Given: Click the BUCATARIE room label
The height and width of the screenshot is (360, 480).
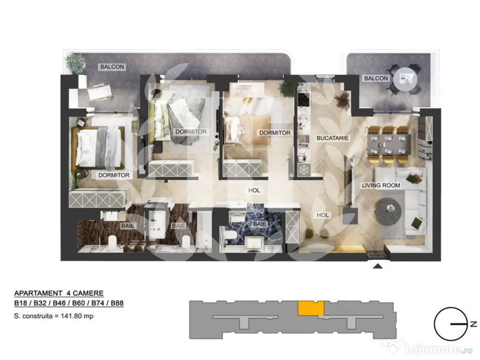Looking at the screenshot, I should coord(332,139).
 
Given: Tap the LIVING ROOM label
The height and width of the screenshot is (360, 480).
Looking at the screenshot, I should coord(381,185).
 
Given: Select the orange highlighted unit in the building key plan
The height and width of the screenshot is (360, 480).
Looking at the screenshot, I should coord(311,308).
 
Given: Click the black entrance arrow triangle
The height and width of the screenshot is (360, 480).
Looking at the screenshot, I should coord(377,267).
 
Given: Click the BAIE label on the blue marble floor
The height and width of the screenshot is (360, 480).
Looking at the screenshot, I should coord(260,225).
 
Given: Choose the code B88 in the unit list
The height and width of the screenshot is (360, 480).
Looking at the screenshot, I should coord(115,303).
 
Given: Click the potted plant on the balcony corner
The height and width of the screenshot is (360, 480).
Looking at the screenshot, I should coord(75,62).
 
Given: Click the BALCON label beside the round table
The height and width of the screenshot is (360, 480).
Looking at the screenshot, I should coord(376,78).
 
